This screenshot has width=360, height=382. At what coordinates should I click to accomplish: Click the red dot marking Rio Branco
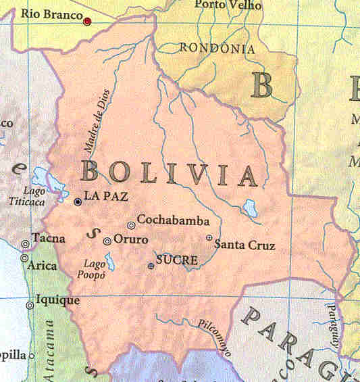[87, 22]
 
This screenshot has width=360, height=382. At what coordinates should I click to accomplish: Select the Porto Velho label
[220, 5]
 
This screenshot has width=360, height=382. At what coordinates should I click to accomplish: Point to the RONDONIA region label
[217, 49]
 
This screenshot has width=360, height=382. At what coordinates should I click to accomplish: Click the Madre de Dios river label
[100, 122]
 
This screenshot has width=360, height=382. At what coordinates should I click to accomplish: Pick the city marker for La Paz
[78, 201]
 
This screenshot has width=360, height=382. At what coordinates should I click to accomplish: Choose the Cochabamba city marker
[131, 225]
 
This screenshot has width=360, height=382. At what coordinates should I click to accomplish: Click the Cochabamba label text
[173, 220]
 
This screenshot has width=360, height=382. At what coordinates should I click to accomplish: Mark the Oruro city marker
[107, 241]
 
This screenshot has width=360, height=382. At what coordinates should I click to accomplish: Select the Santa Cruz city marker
[209, 237]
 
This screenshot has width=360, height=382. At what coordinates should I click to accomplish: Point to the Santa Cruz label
[245, 244]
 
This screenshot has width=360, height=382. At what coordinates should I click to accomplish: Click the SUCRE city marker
[151, 266]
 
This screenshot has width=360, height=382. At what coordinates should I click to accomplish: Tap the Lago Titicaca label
[26, 196]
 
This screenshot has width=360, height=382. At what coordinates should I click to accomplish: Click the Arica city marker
[24, 258]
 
